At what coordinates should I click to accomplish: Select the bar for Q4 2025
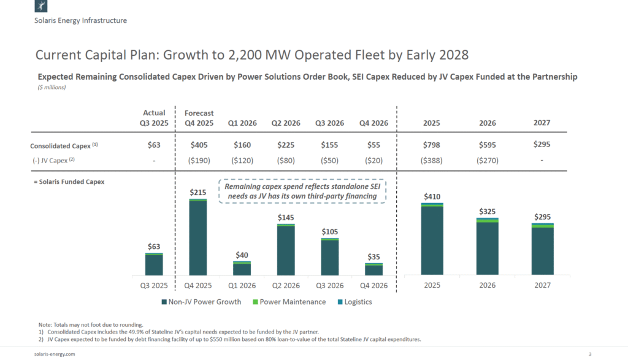point(197,237)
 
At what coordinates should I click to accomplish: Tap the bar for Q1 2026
point(242,269)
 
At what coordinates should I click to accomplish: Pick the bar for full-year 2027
point(543,249)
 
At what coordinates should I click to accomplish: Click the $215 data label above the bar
point(197,193)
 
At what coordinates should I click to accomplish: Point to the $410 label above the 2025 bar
point(432,196)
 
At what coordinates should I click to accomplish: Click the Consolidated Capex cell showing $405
point(197,145)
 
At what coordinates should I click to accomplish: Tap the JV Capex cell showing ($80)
point(286,161)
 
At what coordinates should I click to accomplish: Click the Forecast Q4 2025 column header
point(199,118)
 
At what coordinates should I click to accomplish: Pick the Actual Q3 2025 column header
point(154,118)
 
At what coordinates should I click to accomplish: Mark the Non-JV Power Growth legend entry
point(201,302)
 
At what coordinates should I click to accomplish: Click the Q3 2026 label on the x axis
point(330,285)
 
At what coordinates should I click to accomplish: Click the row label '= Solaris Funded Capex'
point(67,182)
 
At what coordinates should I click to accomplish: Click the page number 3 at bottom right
point(589,354)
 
